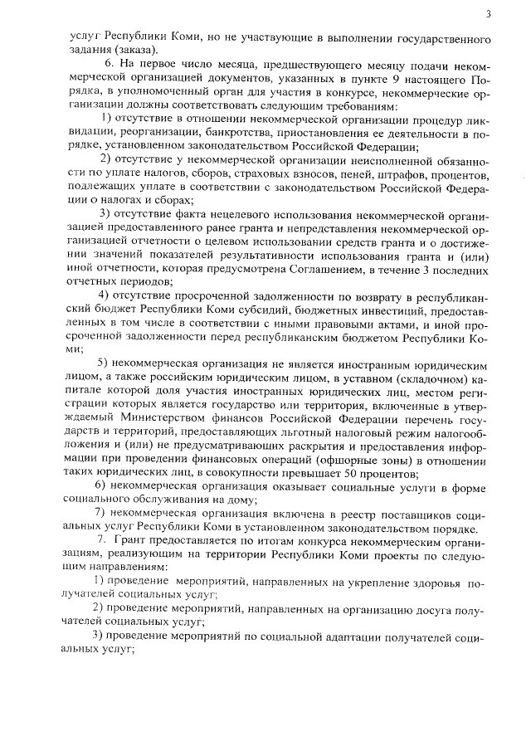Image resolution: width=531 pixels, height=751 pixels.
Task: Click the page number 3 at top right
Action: click(488, 14)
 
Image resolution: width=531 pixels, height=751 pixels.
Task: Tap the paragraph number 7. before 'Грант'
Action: click(101, 539)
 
